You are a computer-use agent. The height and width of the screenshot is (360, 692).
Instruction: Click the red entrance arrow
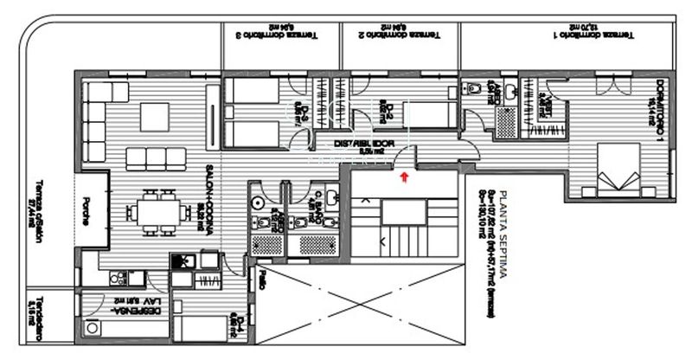[404, 177]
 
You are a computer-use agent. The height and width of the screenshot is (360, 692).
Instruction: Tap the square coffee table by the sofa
[156, 116]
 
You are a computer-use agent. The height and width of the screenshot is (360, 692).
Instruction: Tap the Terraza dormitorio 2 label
[401, 35]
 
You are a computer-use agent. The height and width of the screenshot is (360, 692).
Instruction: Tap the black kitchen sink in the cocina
[182, 261]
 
